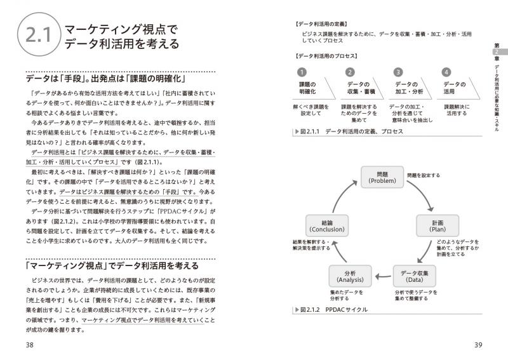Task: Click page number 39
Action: pyautogui.click(x=479, y=345)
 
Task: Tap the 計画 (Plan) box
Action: pyautogui.click(x=438, y=225)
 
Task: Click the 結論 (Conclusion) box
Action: pyautogui.click(x=327, y=225)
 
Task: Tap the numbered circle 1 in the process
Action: pyautogui.click(x=302, y=72)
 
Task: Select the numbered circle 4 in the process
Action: pyautogui.click(x=446, y=72)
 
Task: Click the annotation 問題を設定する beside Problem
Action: pyautogui.click(x=424, y=175)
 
